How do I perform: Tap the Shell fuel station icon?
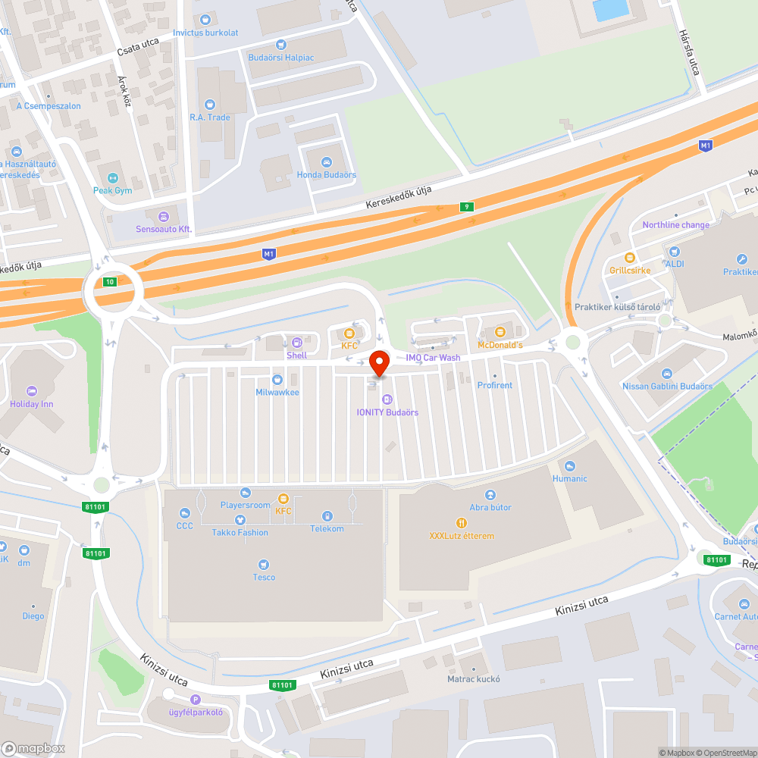pyautogui.click(x=296, y=342)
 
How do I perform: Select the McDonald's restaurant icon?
pyautogui.click(x=500, y=332)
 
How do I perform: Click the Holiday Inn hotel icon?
pyautogui.click(x=31, y=390)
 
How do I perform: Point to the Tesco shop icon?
pyautogui.click(x=263, y=564)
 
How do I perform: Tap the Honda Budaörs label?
pyautogui.click(x=326, y=175)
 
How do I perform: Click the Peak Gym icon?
pyautogui.click(x=112, y=177)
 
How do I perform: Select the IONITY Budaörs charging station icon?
pyautogui.click(x=387, y=399)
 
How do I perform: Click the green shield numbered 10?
pyautogui.click(x=111, y=281)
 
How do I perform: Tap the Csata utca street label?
pyautogui.click(x=137, y=47)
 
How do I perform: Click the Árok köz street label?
pyautogui.click(x=124, y=90)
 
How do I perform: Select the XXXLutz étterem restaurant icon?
pyautogui.click(x=461, y=522)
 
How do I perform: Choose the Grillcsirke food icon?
pyautogui.click(x=628, y=257)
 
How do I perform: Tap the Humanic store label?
pyautogui.click(x=569, y=478)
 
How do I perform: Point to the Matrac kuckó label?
pyautogui.click(x=474, y=679)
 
